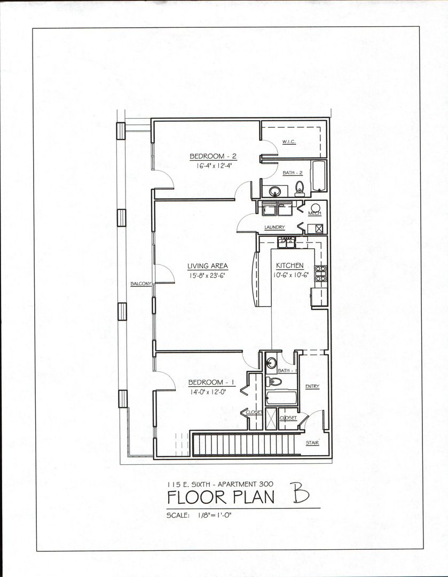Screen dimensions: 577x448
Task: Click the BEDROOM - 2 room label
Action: pos(213,157)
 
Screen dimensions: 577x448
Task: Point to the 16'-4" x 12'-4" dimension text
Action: pos(213,166)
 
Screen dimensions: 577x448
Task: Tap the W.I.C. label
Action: pos(289,142)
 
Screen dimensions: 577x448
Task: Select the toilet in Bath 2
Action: pos(300,186)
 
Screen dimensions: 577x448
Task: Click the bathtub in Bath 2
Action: pos(319,176)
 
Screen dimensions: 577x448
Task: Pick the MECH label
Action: pos(315,214)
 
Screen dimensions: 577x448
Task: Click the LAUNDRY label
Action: pos(275,228)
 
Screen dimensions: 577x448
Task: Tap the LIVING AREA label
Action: pos(208,266)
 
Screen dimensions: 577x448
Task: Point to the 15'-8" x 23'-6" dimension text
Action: pos(208,276)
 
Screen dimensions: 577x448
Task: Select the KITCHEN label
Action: pos(290,266)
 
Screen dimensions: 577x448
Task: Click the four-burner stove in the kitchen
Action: pos(320,273)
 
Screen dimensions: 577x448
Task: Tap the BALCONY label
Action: pos(142,284)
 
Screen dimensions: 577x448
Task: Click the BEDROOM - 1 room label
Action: pos(212,383)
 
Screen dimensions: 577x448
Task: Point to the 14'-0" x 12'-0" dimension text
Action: pos(212,392)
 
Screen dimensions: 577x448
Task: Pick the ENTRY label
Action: pos(312,386)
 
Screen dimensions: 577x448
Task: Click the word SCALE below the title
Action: pos(178,516)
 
